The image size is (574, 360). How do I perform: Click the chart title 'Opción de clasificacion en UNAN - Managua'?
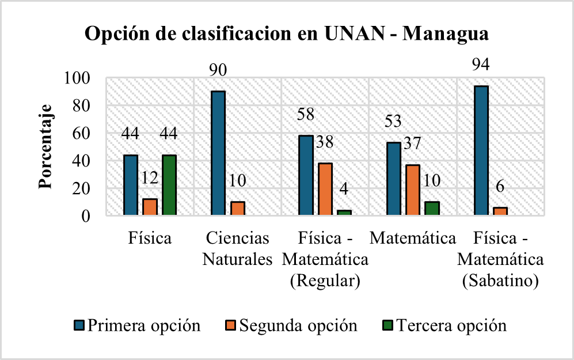(x=287, y=34)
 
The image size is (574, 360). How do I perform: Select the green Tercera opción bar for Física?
(x=169, y=185)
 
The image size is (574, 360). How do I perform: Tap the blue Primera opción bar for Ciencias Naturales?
(x=218, y=154)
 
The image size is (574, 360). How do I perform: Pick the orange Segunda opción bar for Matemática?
(x=413, y=191)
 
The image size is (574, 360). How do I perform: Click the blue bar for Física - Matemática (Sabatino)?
(x=481, y=151)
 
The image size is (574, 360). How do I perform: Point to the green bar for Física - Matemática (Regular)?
(x=344, y=213)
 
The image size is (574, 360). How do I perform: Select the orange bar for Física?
(x=150, y=207)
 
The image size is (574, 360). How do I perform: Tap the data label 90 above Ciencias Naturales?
(x=217, y=70)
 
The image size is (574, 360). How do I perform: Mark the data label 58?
(x=306, y=114)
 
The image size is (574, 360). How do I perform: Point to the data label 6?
(x=500, y=187)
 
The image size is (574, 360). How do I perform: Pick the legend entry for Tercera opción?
(x=444, y=325)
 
